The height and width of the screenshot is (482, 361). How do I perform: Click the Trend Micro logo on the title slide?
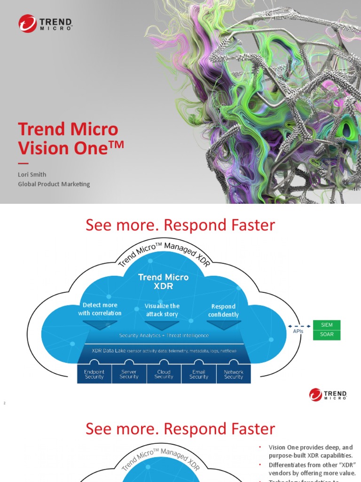[x=45, y=24]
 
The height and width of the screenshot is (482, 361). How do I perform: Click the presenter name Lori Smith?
[x=32, y=174]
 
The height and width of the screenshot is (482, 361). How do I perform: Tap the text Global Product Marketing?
[x=54, y=184]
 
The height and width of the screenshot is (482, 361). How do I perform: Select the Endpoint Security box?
[x=94, y=374]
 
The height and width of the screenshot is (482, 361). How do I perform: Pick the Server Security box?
[x=129, y=374]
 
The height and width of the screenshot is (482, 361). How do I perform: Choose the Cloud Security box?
[x=164, y=374]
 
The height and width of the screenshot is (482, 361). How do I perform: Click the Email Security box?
[x=199, y=374]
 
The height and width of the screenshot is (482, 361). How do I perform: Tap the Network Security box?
[x=234, y=374]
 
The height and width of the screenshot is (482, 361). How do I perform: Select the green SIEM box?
[x=326, y=325]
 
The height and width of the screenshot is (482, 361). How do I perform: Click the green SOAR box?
[x=326, y=335]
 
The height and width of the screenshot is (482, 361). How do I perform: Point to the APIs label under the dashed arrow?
[x=298, y=331]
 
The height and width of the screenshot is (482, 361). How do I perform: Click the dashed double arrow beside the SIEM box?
[x=298, y=325]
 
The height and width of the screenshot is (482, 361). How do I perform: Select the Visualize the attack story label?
[x=162, y=310]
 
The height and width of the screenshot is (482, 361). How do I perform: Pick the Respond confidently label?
[x=223, y=311]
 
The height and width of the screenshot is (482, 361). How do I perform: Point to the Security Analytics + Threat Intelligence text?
[x=164, y=336]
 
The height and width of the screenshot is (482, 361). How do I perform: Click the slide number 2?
[x=4, y=403]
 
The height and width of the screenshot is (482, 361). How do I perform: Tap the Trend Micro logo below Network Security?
[x=328, y=394]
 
